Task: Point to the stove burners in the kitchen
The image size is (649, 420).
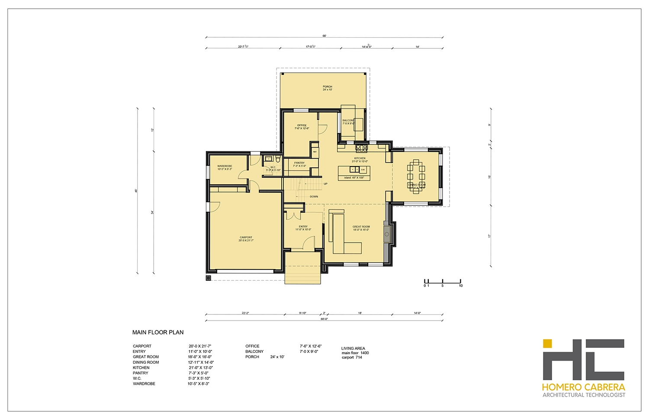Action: pyautogui.click(x=361, y=148)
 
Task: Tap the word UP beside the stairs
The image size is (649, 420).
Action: pyautogui.click(x=325, y=184)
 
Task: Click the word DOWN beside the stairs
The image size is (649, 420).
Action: pyautogui.click(x=314, y=197)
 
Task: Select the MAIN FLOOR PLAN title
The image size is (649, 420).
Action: pyautogui.click(x=158, y=333)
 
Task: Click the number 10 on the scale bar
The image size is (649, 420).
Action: pyautogui.click(x=461, y=286)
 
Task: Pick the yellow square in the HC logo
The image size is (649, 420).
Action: pyautogui.click(x=547, y=343)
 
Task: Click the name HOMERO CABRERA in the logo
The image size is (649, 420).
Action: pyautogui.click(x=584, y=387)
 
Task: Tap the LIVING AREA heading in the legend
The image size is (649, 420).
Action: pyautogui.click(x=353, y=348)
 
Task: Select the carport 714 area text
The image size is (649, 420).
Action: pyautogui.click(x=352, y=358)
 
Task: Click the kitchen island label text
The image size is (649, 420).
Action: pyautogui.click(x=354, y=178)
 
